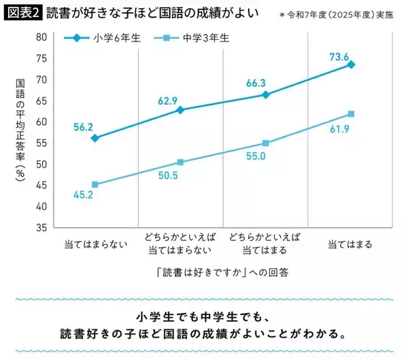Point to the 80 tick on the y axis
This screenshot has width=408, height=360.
pos(41,37)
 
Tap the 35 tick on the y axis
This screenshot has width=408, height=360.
pos(41,228)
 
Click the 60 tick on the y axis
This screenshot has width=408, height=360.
pos(41,122)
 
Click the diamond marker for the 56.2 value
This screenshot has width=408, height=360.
pos(95,138)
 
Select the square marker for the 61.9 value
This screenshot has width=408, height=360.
pos(351,114)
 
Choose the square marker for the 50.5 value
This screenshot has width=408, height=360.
pos(180,162)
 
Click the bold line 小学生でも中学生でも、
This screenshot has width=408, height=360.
pos(203,318)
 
